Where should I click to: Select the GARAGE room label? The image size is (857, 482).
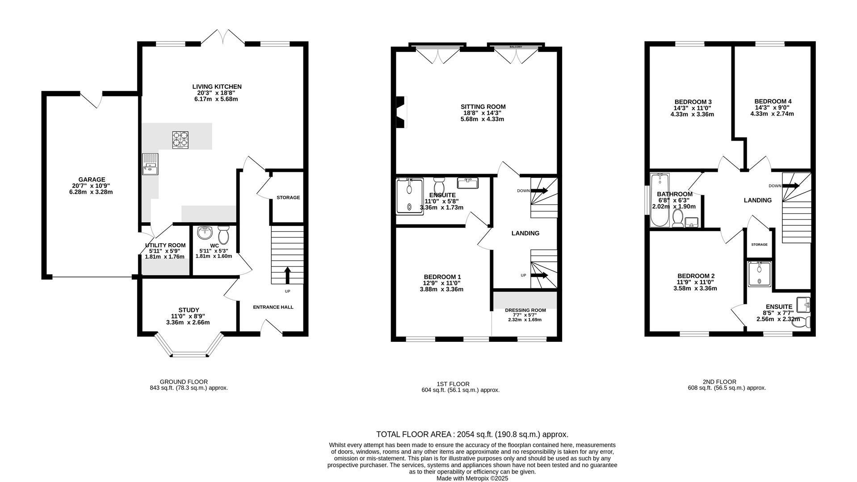92,180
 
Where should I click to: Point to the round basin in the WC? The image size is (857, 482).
205,233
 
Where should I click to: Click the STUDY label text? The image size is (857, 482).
189,310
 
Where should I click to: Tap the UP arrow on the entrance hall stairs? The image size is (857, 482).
287,275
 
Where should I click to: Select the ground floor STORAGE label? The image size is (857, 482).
288,197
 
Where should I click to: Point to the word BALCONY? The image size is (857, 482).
516,47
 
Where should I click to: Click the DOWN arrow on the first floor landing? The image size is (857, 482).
538,191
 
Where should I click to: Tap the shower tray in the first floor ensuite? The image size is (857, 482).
409,196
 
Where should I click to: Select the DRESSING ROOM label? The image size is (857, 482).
525,310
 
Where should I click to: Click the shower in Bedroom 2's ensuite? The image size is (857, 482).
759,274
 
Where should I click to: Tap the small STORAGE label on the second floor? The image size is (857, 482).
759,245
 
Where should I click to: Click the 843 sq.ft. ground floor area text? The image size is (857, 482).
189,388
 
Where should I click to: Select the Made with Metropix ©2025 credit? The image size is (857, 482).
472,478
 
